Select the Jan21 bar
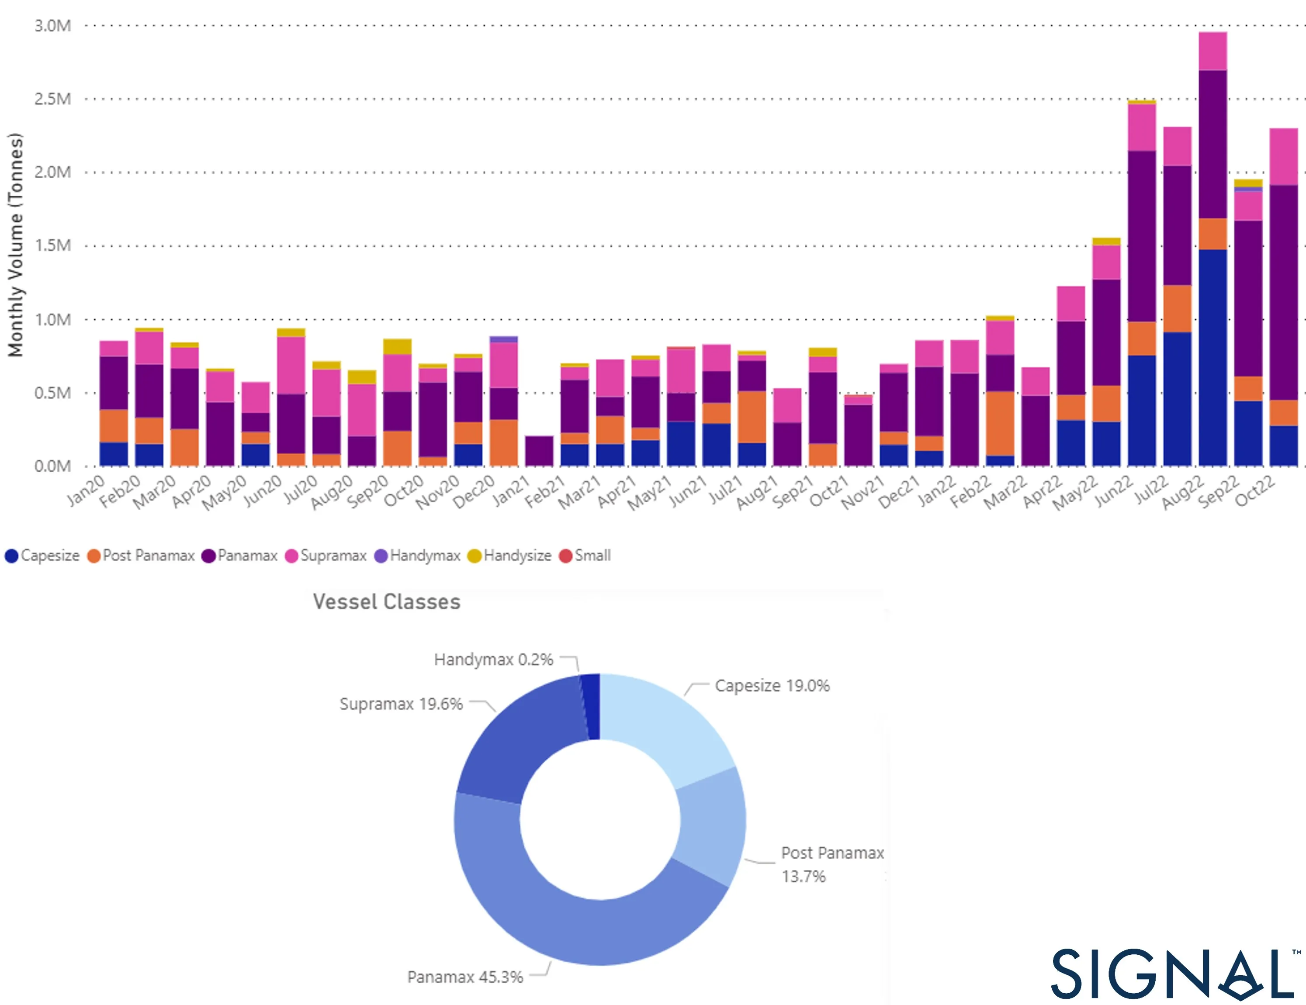pyautogui.click(x=539, y=451)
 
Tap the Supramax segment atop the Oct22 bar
pyautogui.click(x=1283, y=157)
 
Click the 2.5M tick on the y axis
pyautogui.click(x=52, y=99)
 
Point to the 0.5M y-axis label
pyautogui.click(x=52, y=393)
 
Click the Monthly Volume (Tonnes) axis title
pyautogui.click(x=16, y=245)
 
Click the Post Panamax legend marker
pyautogui.click(x=94, y=556)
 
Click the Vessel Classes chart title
pyautogui.click(x=386, y=601)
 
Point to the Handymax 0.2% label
pyautogui.click(x=493, y=660)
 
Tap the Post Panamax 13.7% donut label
pyautogui.click(x=831, y=864)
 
